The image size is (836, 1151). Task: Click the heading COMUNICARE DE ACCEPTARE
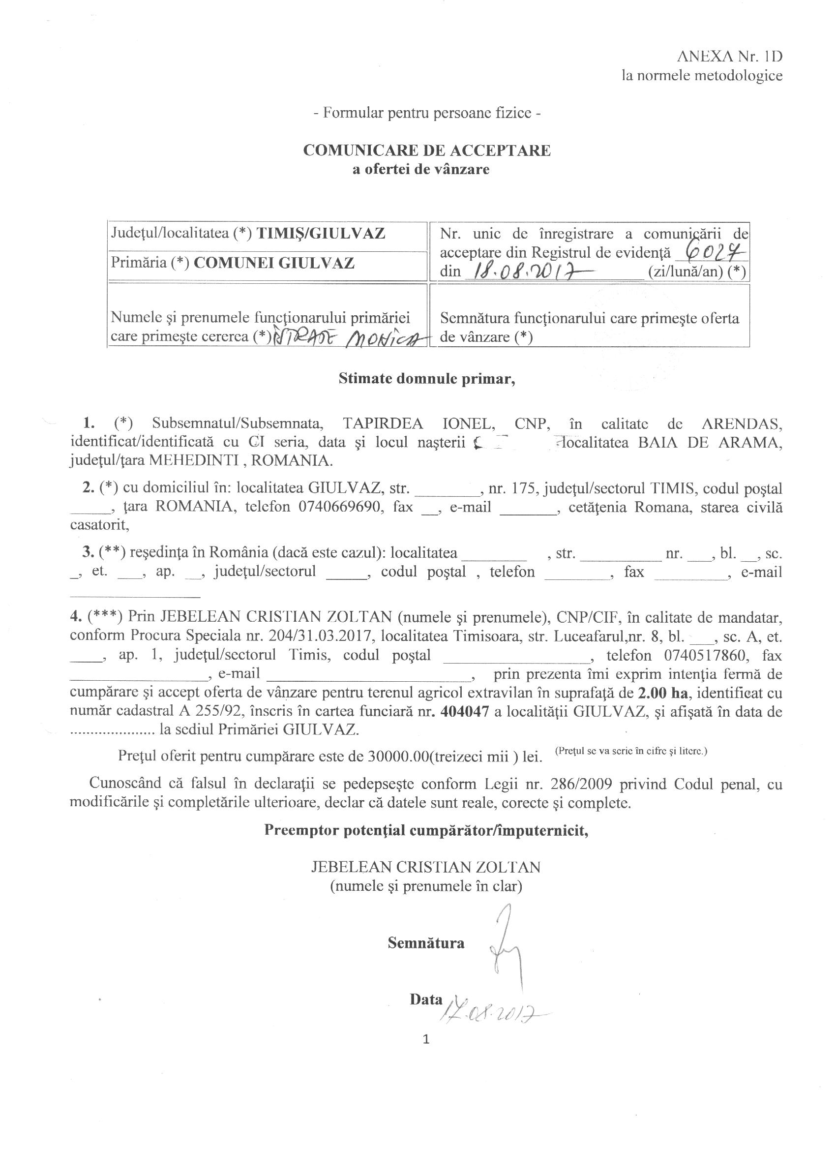pyautogui.click(x=426, y=151)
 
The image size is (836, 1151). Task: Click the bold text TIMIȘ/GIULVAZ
pyautogui.click(x=321, y=234)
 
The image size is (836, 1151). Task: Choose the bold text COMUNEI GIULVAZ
pyautogui.click(x=274, y=263)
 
